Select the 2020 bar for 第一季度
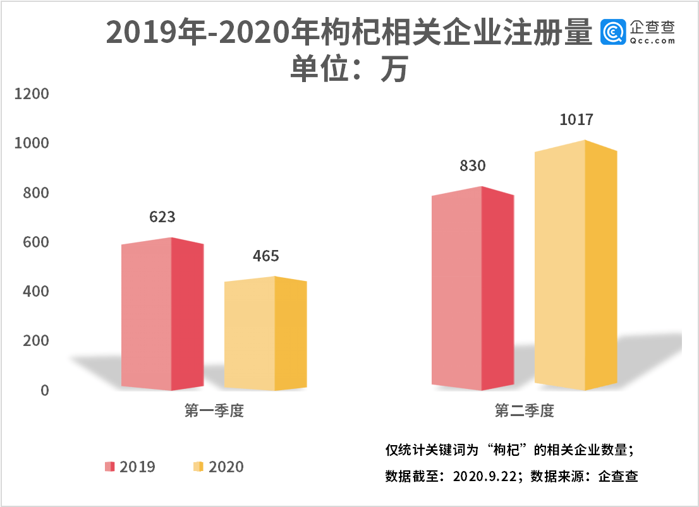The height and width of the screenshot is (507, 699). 265,334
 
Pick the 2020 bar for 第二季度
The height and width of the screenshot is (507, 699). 574,265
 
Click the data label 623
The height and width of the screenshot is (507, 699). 162,217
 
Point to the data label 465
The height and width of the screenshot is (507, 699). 265,256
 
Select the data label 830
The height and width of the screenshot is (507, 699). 472,166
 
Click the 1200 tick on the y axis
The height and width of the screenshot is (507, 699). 32,94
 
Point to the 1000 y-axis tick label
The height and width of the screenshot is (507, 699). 32,143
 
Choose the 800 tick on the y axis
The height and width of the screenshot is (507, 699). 36,193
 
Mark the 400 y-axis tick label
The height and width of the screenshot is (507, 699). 36,292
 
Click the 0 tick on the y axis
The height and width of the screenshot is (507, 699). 45,391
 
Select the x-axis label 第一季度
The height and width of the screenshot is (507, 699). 214,411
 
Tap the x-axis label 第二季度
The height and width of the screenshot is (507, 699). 524,411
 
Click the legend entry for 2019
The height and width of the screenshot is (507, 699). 130,467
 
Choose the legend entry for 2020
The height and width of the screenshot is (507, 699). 218,467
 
